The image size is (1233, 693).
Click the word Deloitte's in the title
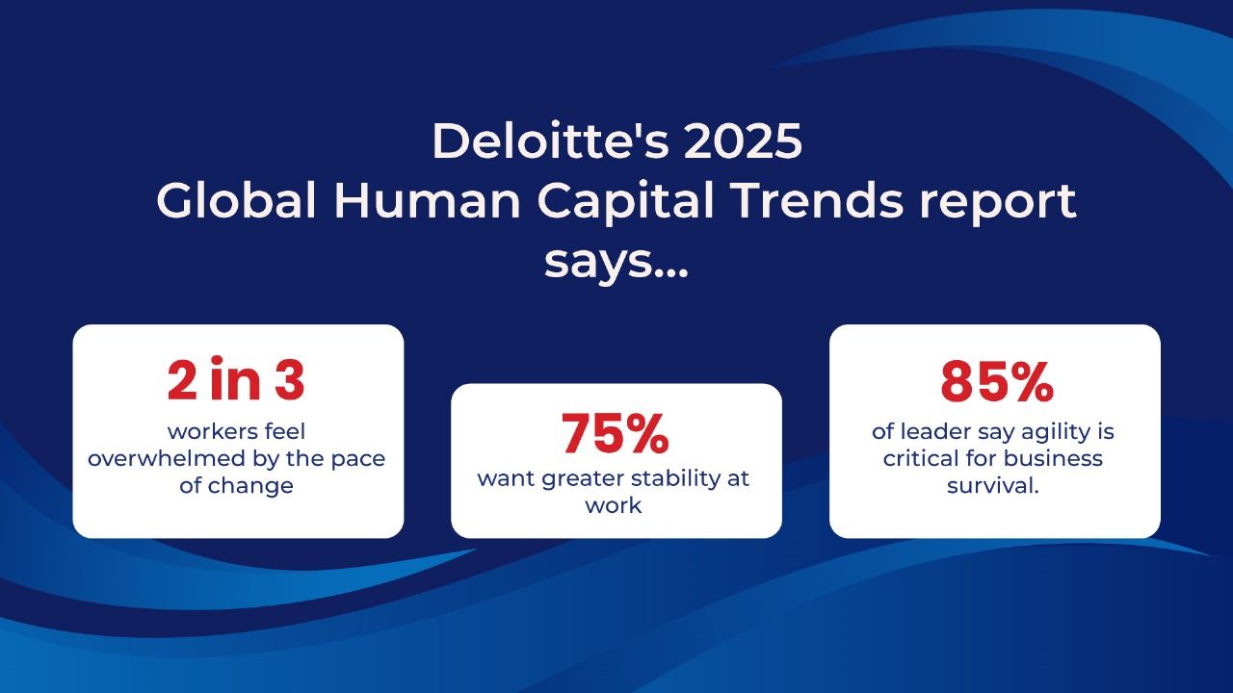click(550, 141)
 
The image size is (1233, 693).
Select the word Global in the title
click(237, 200)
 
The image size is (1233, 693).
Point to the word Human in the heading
click(427, 200)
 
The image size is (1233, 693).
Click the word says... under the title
click(616, 264)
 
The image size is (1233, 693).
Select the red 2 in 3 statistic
click(236, 379)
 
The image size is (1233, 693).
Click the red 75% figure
click(615, 433)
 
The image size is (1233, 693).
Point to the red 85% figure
click(997, 382)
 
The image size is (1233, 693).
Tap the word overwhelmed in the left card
click(166, 458)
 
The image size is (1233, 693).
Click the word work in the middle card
click(614, 505)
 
